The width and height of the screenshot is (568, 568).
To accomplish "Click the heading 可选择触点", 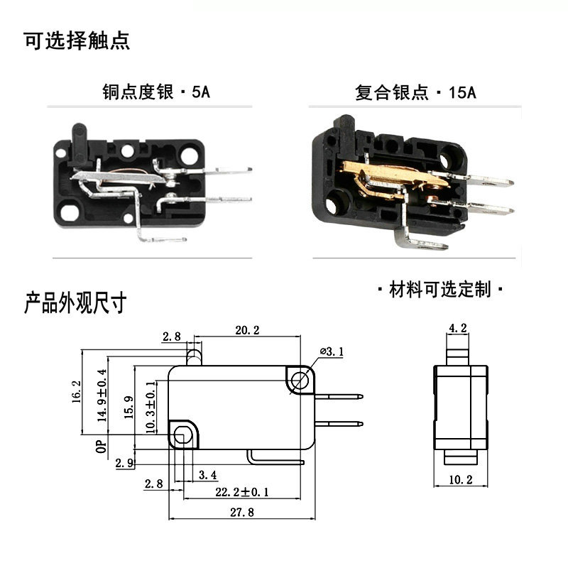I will [77, 40].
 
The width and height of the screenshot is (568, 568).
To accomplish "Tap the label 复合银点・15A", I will [415, 92].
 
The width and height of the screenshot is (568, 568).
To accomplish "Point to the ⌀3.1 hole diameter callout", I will [332, 351].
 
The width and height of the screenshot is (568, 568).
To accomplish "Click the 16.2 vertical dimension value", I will [77, 392].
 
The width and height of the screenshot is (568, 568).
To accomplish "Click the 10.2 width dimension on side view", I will [460, 480].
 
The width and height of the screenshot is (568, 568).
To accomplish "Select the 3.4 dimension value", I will [209, 474].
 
